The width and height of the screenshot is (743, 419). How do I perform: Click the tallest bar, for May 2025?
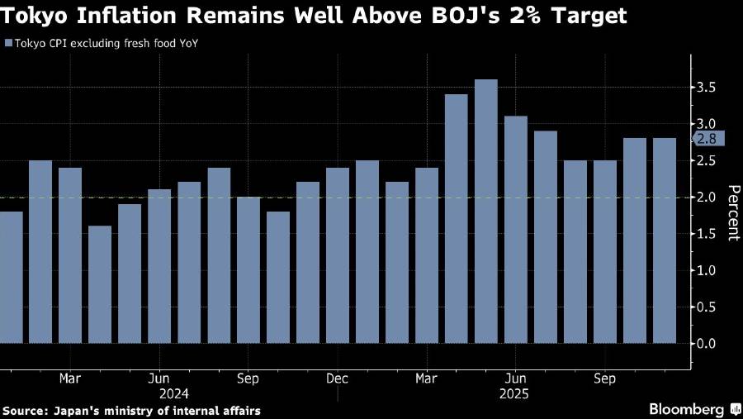click(x=486, y=211)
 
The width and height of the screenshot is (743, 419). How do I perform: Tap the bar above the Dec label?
click(x=338, y=255)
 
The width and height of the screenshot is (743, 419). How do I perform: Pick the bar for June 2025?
click(x=516, y=229)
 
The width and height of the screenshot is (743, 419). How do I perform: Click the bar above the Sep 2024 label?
click(x=248, y=269)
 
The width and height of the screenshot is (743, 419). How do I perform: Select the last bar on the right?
click(x=665, y=240)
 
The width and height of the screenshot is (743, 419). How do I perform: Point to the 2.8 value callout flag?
click(x=708, y=139)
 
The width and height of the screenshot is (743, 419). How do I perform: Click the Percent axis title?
click(x=732, y=212)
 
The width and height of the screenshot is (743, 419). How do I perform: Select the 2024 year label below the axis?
click(x=175, y=393)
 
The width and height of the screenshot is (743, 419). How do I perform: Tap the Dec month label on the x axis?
click(x=338, y=379)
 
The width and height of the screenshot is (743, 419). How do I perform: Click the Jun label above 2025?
click(x=516, y=379)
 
